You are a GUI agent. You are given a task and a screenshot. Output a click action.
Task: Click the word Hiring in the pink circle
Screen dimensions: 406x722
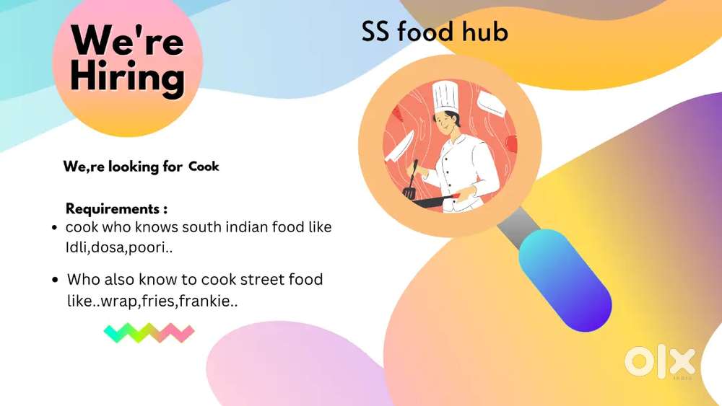(127, 76)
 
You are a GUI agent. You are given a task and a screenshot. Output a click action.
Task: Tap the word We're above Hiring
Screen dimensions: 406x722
(127, 40)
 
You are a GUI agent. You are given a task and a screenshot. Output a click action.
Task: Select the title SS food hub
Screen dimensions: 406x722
(435, 32)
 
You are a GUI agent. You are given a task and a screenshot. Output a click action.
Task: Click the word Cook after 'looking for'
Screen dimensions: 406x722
(204, 167)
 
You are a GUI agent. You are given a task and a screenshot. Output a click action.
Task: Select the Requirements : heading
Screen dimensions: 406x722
(116, 209)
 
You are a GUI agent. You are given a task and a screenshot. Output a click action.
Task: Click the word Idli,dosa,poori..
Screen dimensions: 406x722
(122, 247)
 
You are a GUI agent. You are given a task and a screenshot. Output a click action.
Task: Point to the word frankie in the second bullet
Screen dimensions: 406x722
(211, 301)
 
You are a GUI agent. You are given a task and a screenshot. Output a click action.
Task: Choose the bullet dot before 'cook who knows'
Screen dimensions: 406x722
(54, 229)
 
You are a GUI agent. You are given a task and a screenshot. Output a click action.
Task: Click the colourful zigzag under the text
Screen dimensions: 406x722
(149, 332)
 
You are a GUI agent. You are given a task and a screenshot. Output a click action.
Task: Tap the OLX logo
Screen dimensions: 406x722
(659, 361)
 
